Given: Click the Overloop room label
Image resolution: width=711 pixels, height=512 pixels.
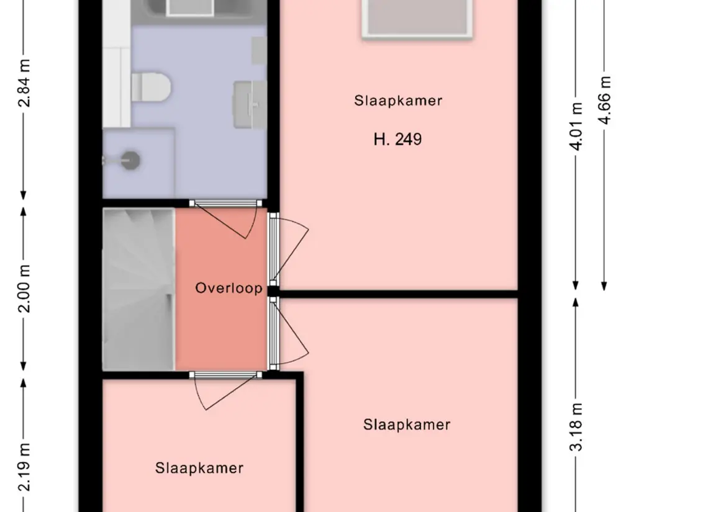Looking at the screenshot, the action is tap(229, 288).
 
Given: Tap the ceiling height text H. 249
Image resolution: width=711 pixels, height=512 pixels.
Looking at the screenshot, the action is tap(397, 139).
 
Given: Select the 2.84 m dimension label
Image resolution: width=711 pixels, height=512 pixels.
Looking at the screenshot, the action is tap(24, 83).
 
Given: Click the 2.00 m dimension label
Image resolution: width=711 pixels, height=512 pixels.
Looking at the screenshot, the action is tap(24, 289).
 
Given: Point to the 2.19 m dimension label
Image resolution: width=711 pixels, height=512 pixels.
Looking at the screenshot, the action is tap(24, 467).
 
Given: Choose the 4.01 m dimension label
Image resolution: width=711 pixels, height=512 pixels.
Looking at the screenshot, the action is tap(576, 127).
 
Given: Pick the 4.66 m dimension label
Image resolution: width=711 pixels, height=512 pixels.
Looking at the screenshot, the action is tap(604, 100).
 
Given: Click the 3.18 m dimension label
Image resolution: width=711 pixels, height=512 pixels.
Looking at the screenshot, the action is tap(576, 427).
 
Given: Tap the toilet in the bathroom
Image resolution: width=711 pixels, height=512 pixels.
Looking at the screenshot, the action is tap(151, 88).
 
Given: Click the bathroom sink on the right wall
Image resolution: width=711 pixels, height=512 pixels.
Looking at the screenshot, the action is tap(250, 104).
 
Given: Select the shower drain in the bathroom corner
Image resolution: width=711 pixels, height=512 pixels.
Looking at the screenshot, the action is tap(130, 160).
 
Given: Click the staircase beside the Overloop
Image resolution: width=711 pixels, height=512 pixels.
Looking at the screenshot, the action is tap(138, 289).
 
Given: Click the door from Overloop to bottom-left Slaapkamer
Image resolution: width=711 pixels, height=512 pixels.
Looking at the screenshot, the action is tap(225, 390).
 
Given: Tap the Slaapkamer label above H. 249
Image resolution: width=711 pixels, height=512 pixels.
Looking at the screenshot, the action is tap(398, 101).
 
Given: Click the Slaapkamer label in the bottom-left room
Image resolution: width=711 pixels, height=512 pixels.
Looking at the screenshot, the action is tap(199, 468).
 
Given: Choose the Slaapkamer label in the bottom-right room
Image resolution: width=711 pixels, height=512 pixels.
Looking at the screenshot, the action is tap(407, 425).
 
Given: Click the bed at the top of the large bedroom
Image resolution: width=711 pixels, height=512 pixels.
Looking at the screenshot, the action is tap(417, 18).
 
